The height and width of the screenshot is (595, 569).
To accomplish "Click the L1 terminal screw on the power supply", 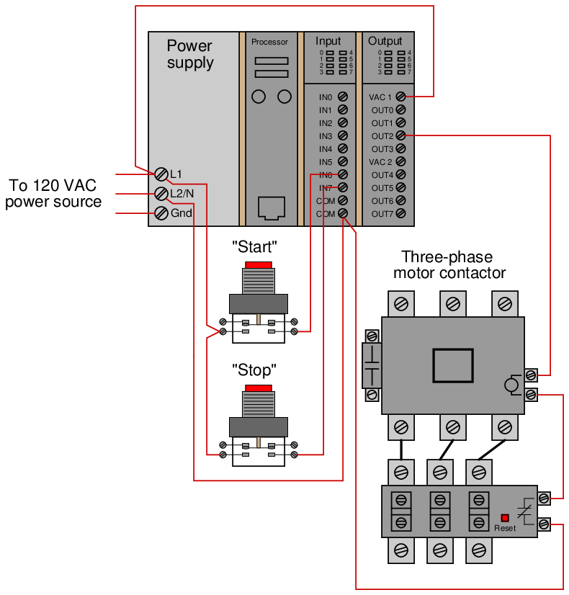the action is click(161, 174).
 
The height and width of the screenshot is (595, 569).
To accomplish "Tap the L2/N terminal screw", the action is click(161, 194).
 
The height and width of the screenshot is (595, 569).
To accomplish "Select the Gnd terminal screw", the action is click(161, 213).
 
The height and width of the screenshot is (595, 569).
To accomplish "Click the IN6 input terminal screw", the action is click(343, 174).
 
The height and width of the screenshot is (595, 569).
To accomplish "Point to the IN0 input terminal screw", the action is click(343, 97).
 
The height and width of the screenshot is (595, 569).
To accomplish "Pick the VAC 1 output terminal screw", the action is click(400, 97).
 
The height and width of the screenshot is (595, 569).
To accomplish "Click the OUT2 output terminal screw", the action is click(400, 135).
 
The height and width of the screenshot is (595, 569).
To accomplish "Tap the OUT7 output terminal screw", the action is click(400, 213).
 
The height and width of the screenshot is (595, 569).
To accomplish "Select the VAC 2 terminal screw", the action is click(400, 161).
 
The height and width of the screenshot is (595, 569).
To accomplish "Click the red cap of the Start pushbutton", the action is click(259, 265).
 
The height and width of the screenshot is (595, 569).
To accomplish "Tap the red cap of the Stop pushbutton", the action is click(259, 388).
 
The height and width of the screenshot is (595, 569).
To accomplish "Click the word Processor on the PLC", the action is click(269, 42).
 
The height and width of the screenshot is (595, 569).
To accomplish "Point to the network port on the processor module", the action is click(272, 208).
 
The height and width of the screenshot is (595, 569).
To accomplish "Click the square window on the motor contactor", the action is click(453, 365).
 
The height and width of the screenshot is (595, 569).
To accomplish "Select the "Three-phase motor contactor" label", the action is click(449, 265).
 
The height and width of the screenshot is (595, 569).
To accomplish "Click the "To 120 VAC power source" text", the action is click(53, 194).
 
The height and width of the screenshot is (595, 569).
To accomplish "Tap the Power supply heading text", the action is click(190, 54).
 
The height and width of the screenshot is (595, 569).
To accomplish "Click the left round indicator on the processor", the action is click(259, 97).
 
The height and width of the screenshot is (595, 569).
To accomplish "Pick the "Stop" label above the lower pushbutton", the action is click(254, 370).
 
